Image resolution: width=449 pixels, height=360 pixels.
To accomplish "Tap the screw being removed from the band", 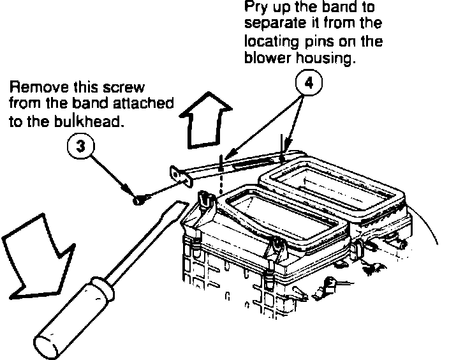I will click(138, 200).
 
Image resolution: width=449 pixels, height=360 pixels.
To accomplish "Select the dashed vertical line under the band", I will click(221, 176).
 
